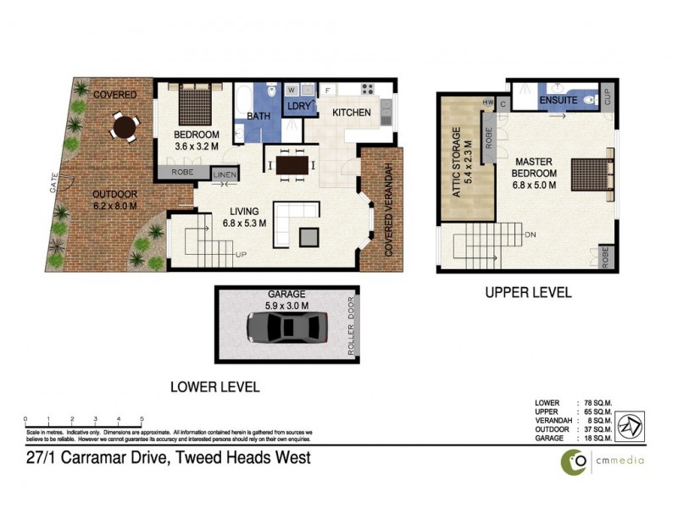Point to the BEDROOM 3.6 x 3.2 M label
pyautogui.click(x=197, y=141)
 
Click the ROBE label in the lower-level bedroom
pyautogui.click(x=181, y=173)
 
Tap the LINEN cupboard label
pyautogui.click(x=225, y=175)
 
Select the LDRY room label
pyautogui.click(x=300, y=107)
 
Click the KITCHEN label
pyautogui.click(x=352, y=113)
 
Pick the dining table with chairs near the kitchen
pyautogui.click(x=290, y=164)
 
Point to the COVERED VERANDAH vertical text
pyautogui.click(x=390, y=209)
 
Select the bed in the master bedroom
pyautogui.click(x=590, y=174)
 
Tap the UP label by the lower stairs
pyautogui.click(x=241, y=254)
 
